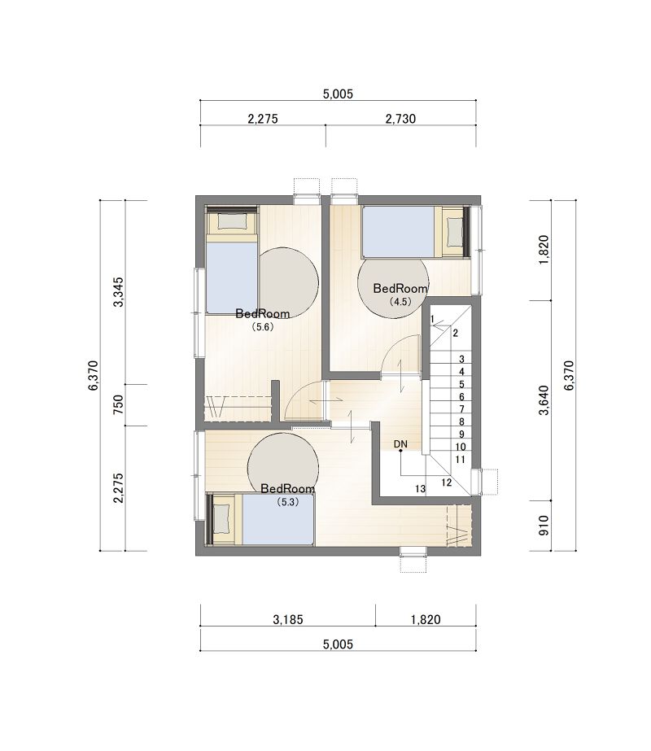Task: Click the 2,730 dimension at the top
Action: [400, 118]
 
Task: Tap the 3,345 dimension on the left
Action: [118, 291]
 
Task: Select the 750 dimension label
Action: [118, 404]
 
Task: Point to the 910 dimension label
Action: [544, 526]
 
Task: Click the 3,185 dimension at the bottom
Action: [288, 619]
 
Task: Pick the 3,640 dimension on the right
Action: [544, 400]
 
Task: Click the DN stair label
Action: [400, 444]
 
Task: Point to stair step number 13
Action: [420, 489]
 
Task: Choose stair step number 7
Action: [461, 409]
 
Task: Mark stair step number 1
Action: [432, 319]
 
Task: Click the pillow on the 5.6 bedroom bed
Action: [233, 220]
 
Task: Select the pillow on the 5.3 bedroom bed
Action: [221, 519]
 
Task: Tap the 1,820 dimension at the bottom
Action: [426, 619]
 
